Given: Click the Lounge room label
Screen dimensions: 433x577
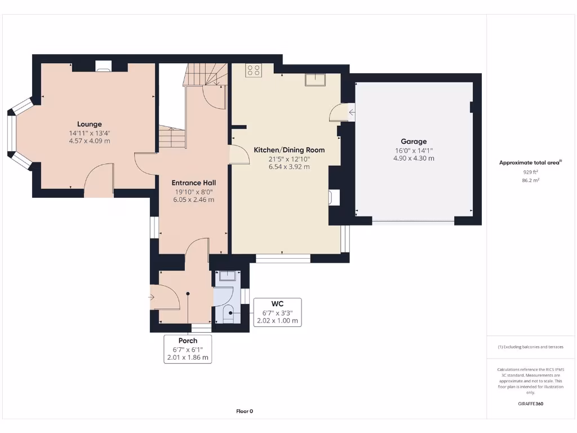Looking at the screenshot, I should point(90,124).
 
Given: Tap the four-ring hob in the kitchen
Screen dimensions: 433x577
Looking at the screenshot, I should point(254,70).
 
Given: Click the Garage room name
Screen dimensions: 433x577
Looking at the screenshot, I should point(414,142).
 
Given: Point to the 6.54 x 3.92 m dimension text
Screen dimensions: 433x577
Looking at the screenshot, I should point(289,167).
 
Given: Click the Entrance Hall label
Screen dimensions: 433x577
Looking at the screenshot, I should point(194,183).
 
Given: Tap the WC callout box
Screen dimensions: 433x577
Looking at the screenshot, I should point(277,312).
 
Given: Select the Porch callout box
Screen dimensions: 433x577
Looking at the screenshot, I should point(188,349).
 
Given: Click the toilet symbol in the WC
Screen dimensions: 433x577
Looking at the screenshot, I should point(228,315).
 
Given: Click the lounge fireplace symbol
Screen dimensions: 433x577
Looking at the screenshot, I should point(103,67).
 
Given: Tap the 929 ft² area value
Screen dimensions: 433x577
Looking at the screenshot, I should point(530,172).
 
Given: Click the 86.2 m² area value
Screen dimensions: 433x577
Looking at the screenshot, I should point(530,180).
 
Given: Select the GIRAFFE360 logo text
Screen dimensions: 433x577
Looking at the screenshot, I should point(531,404).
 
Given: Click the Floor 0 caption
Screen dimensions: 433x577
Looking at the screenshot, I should point(245,411).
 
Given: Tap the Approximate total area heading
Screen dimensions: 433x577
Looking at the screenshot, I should point(530,162).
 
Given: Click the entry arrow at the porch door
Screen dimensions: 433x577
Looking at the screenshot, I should point(152,297).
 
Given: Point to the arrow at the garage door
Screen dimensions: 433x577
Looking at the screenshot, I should point(352,112).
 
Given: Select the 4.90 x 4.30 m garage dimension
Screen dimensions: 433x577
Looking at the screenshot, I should point(414,158).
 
